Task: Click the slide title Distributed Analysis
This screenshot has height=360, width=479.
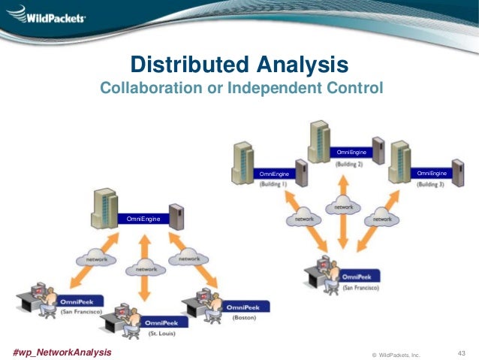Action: coord(239,62)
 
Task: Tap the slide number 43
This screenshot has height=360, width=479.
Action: coord(462,352)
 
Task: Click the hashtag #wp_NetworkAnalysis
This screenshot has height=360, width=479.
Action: coord(62,352)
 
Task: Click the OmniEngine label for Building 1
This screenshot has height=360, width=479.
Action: coord(273,174)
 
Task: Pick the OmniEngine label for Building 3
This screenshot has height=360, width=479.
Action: coord(431,174)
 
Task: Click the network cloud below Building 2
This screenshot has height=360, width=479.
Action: coord(342,206)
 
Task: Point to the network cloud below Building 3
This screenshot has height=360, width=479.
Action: coord(381,219)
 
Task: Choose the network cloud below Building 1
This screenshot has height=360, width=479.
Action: coord(303,219)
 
